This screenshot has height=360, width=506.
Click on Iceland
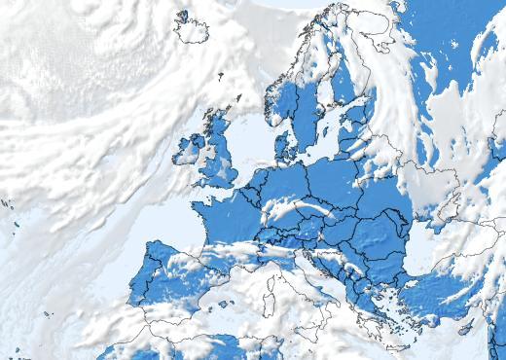(193, 27)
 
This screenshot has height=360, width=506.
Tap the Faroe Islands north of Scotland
(221, 75)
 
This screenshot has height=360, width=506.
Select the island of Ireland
(189, 151)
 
